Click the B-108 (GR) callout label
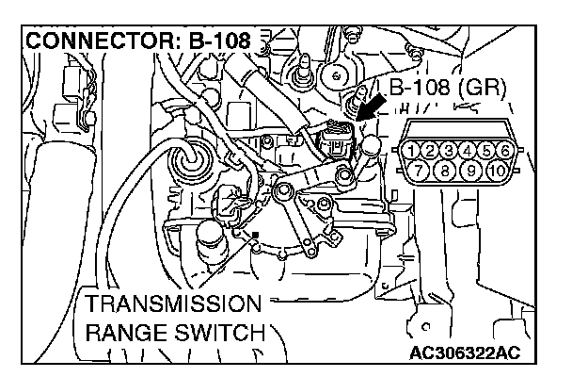pos(447,90)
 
